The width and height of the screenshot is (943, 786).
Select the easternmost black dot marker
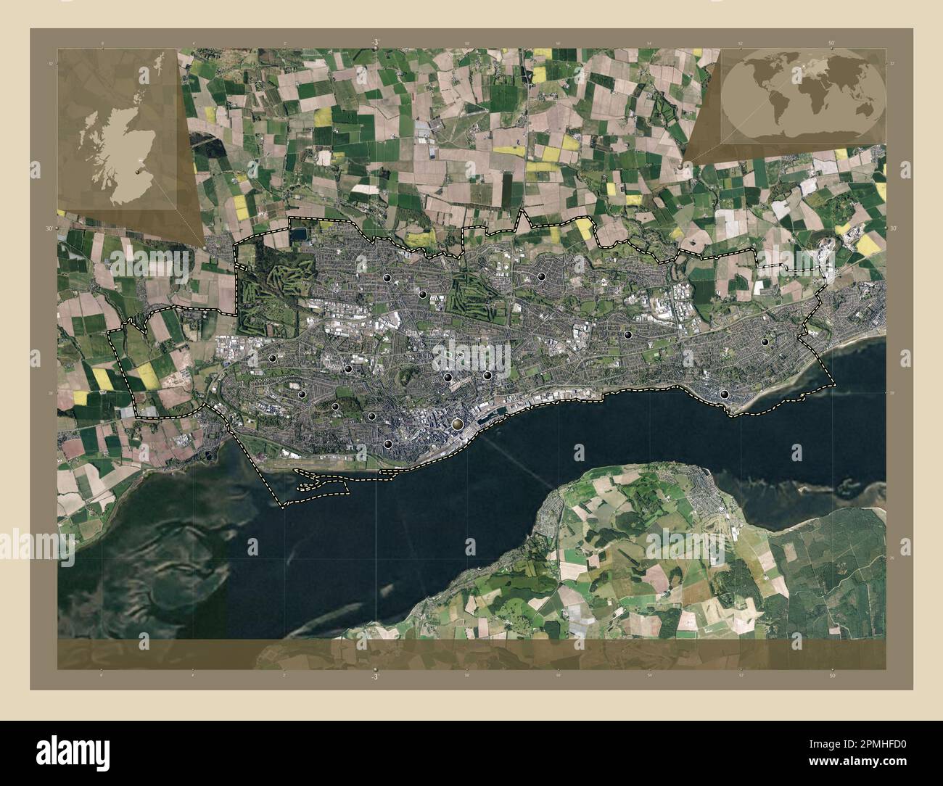pyautogui.click(x=765, y=342)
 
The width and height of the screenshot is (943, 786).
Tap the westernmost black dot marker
pyautogui.click(x=273, y=357)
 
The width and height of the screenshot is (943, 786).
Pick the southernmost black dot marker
pyautogui.click(x=388, y=444)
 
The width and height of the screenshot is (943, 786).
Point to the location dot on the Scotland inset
pyautogui.click(x=138, y=172)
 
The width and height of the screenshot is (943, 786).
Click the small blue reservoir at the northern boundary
pyautogui.click(x=298, y=233)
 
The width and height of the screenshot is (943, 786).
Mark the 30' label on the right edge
pyautogui.click(x=894, y=228)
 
